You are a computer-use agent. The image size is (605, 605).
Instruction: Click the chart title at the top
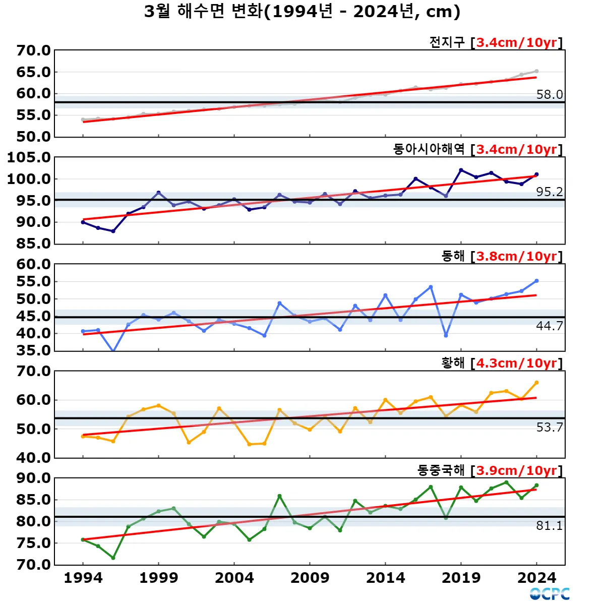(x=302, y=12)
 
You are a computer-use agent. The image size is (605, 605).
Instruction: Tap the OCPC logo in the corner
(x=550, y=594)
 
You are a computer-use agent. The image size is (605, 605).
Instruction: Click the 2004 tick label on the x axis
(x=234, y=578)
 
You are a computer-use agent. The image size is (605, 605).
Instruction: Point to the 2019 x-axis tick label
(x=461, y=578)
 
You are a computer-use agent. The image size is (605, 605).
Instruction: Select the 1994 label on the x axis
(x=83, y=578)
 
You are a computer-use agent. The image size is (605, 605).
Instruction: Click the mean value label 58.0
(x=549, y=94)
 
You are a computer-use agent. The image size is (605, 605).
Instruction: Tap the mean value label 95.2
(x=549, y=192)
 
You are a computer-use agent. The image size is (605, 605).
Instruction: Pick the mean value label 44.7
(x=549, y=326)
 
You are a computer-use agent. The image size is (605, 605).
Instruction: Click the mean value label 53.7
(x=549, y=427)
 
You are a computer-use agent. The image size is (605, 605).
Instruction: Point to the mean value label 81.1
(x=549, y=525)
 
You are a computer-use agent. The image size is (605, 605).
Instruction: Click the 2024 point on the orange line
(x=536, y=383)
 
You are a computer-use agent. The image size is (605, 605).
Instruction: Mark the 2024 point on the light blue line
(x=536, y=281)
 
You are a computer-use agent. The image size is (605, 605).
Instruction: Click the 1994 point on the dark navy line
(x=83, y=222)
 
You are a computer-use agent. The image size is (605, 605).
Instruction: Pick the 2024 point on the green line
(x=536, y=486)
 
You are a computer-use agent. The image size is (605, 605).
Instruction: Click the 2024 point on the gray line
(x=536, y=71)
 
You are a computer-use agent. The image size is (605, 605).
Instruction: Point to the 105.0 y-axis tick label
(x=29, y=157)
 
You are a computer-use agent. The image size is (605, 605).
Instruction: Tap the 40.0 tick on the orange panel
(x=33, y=458)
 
